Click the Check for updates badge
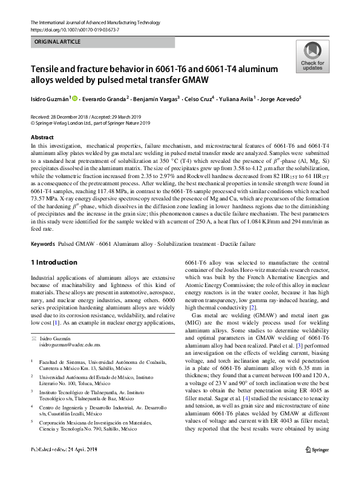(312, 57)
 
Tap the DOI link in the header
(71, 30)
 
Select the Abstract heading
(42, 137)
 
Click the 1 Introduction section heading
(53, 262)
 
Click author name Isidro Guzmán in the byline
(50, 98)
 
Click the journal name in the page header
(90, 22)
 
